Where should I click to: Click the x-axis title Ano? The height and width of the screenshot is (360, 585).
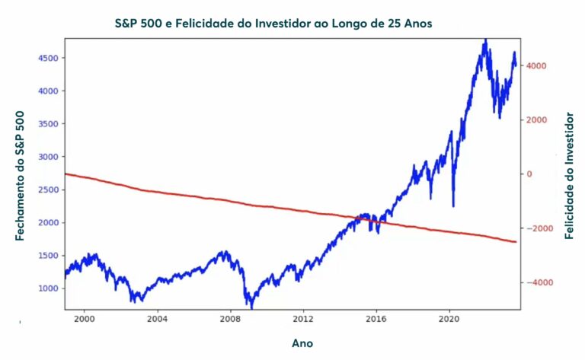[302, 343]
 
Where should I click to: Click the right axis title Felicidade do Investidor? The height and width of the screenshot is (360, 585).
[569, 175]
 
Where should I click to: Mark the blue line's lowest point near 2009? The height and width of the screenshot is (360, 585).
[251, 307]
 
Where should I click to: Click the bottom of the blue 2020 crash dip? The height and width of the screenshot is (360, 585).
[454, 205]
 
